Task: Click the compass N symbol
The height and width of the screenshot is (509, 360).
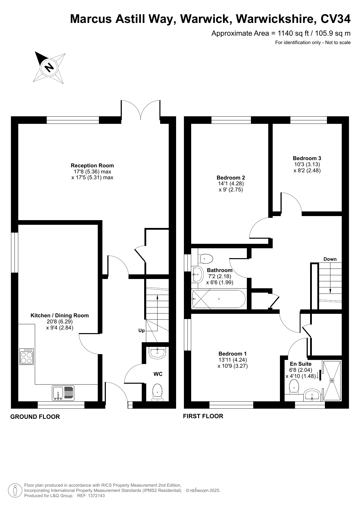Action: coord(49,67)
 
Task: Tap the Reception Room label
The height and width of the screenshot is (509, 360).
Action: coord(92,166)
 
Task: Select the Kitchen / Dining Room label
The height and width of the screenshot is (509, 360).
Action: coord(60,316)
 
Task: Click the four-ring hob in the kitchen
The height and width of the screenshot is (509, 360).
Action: coord(27,356)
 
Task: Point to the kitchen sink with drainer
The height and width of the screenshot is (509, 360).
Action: coord(63,393)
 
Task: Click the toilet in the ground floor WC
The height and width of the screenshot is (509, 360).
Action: coord(157,392)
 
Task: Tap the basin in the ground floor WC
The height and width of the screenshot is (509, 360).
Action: coord(157,353)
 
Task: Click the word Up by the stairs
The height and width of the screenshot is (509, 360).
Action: coord(142,331)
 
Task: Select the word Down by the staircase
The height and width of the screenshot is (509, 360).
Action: coord(330,259)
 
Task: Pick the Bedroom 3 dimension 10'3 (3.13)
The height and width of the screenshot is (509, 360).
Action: coord(307,164)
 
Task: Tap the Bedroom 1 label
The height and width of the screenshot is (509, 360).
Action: coord(233,354)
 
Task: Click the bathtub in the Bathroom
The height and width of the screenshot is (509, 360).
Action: coord(219,299)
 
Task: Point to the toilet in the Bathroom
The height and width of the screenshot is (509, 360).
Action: coord(206,258)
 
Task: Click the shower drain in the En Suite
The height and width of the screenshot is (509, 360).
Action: coord(332,380)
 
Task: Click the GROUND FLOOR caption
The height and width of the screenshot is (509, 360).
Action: coord(35,417)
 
